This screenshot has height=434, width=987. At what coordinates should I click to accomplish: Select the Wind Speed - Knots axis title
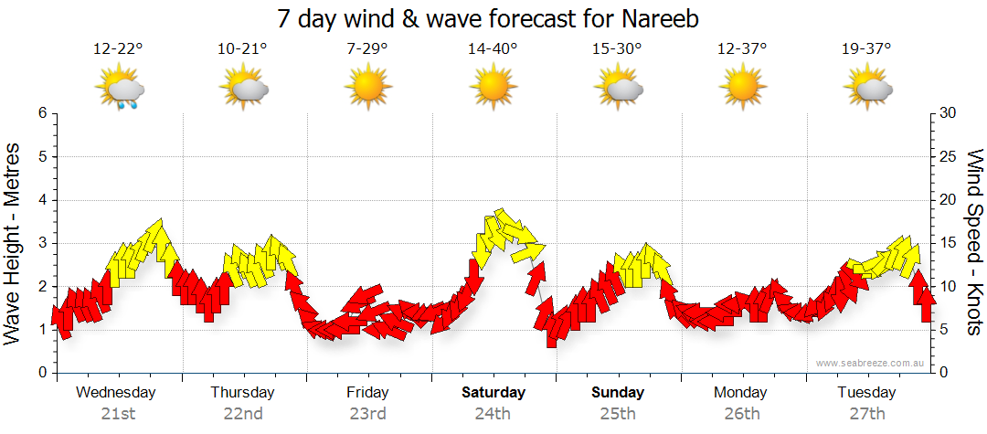pos(973,242)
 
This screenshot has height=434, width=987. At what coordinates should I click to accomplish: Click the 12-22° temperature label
pos(118,49)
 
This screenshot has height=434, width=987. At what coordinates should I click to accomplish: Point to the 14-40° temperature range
pos(493,49)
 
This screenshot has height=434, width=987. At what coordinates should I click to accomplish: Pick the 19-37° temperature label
pos(867,49)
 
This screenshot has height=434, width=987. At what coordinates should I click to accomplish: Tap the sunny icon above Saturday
pos(493,88)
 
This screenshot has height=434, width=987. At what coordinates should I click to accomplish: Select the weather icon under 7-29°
pos(367,88)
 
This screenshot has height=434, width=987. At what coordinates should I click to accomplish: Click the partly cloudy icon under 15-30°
pos(618,88)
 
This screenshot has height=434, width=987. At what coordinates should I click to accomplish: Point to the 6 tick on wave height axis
pos(41,113)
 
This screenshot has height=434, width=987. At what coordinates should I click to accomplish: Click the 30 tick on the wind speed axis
pos(948,113)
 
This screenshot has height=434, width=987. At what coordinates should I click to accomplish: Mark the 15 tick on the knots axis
pos(948,243)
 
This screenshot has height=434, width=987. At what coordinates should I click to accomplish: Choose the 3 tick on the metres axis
pos(41,243)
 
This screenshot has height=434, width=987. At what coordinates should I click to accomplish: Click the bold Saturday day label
pos(493,393)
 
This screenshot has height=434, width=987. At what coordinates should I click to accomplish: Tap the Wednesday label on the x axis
pos(116,393)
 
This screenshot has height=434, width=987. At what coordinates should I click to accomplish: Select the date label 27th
pos(867,413)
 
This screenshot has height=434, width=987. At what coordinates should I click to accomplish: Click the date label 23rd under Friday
pos(367,413)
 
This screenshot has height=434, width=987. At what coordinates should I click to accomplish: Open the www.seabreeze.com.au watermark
pos(871,363)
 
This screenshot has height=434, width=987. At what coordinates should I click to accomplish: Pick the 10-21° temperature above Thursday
pos(242,49)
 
